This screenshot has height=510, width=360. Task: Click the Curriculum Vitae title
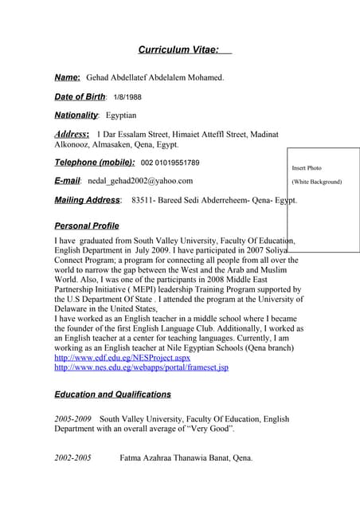178,50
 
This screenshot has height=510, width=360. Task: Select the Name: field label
67,77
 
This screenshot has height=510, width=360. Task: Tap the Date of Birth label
80,97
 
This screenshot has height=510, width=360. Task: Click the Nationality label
76,116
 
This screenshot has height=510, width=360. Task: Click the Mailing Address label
87,200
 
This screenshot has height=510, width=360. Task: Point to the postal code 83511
143,200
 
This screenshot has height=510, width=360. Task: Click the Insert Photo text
307,168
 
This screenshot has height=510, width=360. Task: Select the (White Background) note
316,182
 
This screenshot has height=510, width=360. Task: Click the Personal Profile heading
86,226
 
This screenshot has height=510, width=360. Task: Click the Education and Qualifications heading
112,394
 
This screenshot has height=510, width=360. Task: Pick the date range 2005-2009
72,418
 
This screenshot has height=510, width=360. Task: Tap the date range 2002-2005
72,458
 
